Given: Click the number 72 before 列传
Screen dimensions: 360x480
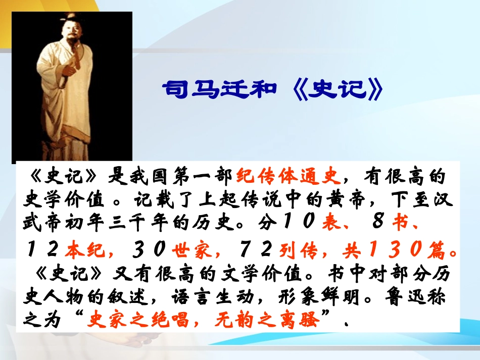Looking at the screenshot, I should (251, 249).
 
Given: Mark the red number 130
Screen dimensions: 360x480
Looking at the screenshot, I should (392, 249).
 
